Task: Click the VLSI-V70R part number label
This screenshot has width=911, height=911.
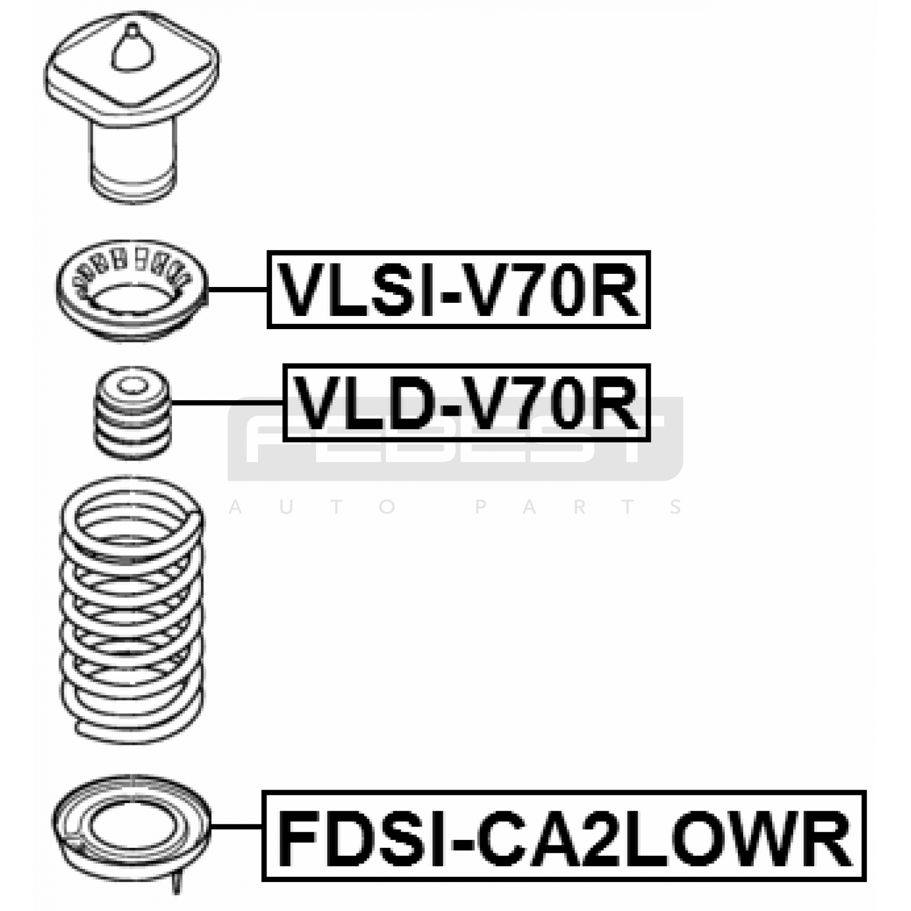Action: (x=458, y=290)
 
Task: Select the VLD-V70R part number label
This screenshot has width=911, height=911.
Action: (x=466, y=403)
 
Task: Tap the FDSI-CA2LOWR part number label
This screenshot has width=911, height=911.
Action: (x=564, y=835)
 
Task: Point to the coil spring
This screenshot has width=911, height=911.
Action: (x=132, y=609)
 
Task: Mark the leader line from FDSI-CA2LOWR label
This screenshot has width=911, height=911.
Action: (x=236, y=826)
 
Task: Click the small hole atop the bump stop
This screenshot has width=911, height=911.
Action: (x=132, y=385)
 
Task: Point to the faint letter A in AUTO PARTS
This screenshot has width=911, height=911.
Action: (x=235, y=507)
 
